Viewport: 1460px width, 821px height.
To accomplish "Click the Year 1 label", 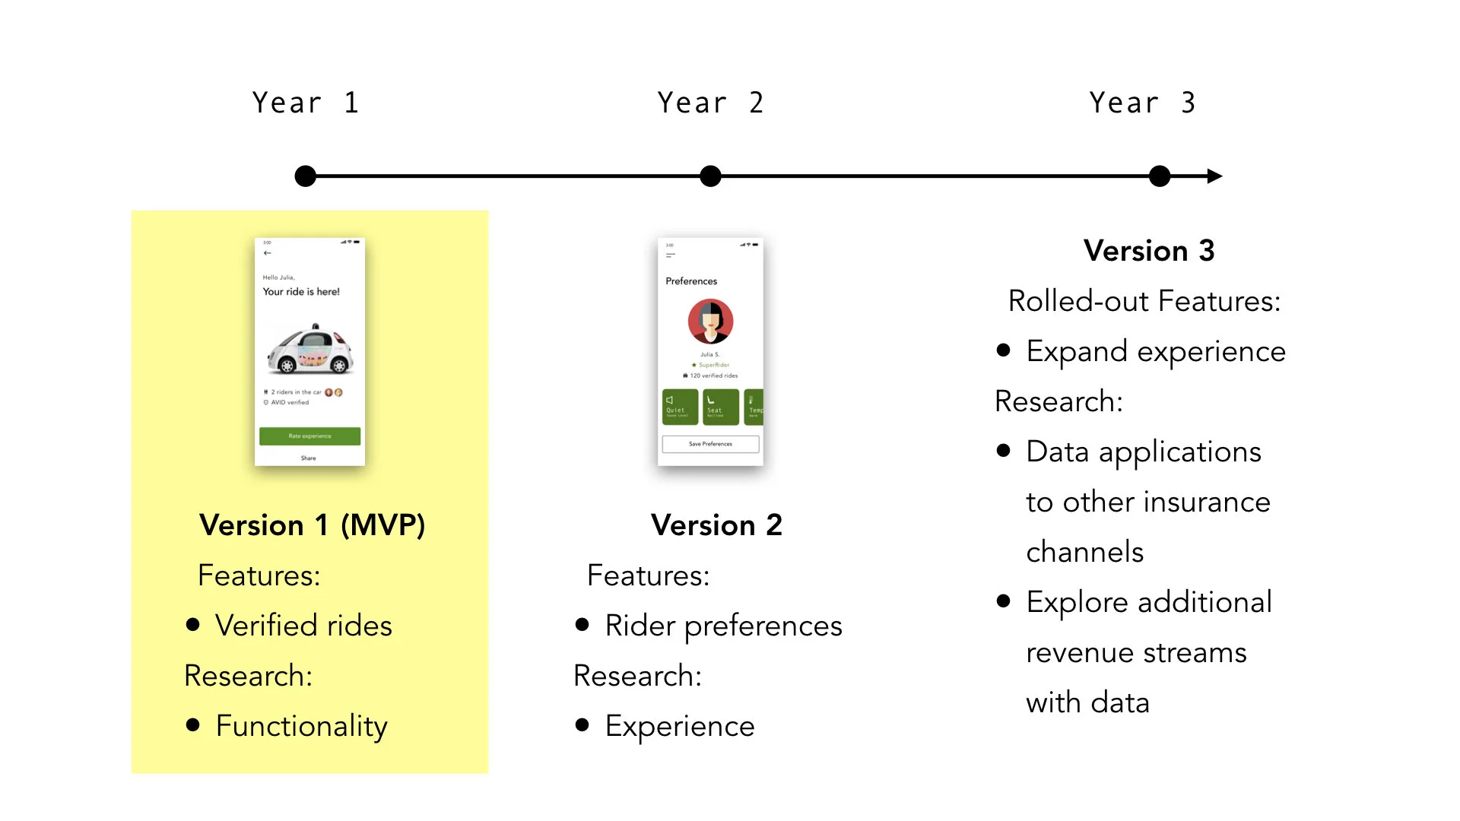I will (305, 103).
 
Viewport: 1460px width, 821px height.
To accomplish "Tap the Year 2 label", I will (710, 103).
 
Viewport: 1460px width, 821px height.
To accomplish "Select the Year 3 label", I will (1142, 103).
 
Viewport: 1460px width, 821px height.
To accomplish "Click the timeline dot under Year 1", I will (306, 176).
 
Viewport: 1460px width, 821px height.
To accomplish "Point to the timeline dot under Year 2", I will (710, 176).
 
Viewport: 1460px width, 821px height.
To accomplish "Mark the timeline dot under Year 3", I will (1160, 176).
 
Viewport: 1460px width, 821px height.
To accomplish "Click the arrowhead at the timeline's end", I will (1214, 176).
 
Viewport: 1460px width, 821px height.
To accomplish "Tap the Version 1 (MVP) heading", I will (312, 525).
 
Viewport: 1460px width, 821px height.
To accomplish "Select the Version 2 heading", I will (716, 525).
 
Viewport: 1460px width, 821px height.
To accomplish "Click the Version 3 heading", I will (1149, 251).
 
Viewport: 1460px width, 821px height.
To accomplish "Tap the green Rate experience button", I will (309, 436).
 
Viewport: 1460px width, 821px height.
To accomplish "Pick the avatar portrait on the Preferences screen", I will (710, 322).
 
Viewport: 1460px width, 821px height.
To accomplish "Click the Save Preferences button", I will (710, 444).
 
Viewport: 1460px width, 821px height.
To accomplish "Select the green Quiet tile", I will (680, 407).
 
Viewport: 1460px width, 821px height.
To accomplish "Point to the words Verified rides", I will (303, 626).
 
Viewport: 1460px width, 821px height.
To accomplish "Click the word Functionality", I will (301, 726).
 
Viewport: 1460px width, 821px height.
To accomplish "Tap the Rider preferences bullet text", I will (723, 626).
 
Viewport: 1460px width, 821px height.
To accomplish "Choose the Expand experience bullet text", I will (1155, 351).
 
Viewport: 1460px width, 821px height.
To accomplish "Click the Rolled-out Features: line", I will (1144, 301).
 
